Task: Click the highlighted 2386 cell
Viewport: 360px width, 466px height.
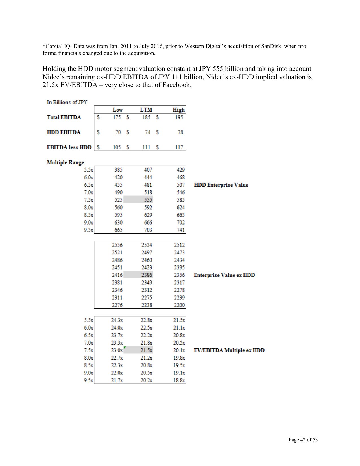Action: click(x=147, y=275)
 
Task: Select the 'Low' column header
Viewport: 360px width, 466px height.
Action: click(x=117, y=110)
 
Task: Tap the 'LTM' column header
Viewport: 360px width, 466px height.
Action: click(x=146, y=110)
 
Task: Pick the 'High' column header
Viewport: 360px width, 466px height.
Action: click(x=179, y=110)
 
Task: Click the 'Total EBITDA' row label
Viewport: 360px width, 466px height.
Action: click(x=64, y=117)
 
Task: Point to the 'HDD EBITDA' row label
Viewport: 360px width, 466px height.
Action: click(x=64, y=132)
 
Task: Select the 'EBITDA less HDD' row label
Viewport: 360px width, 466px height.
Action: click(x=69, y=147)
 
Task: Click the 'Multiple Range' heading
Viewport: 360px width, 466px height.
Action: click(x=65, y=162)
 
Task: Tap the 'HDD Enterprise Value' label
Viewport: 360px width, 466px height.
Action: click(x=221, y=185)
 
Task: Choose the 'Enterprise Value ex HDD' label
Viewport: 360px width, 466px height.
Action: click(x=224, y=275)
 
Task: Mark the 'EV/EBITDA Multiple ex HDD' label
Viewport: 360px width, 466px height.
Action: click(x=229, y=350)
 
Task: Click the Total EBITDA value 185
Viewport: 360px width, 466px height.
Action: click(x=146, y=117)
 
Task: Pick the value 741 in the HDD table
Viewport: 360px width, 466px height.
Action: click(x=181, y=230)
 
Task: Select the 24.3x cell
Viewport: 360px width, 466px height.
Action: click(x=117, y=320)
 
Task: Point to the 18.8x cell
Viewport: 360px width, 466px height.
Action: click(x=179, y=380)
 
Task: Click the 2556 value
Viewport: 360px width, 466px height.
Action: click(x=117, y=245)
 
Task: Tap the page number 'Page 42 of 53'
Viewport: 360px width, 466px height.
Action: click(x=303, y=439)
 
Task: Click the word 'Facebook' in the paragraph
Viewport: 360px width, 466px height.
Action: click(x=176, y=85)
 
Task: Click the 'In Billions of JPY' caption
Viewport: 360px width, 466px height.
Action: click(x=67, y=102)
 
